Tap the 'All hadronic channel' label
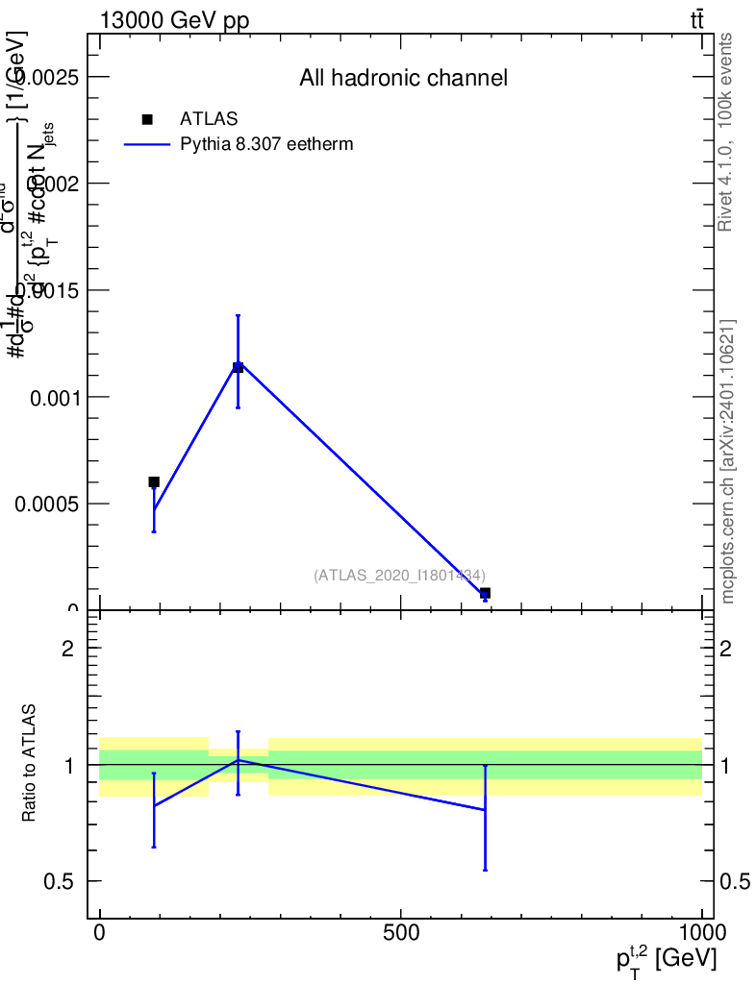[403, 78]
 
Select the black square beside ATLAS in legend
[147, 119]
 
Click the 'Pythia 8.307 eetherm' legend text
[267, 144]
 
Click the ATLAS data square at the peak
[238, 367]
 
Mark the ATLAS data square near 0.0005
[154, 481]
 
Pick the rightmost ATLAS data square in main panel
[485, 593]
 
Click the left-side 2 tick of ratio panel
[67, 649]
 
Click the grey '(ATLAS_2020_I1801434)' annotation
[398, 575]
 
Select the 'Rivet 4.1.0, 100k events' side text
[726, 132]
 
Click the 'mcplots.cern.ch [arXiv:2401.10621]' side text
[728, 461]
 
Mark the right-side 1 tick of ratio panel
[726, 765]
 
